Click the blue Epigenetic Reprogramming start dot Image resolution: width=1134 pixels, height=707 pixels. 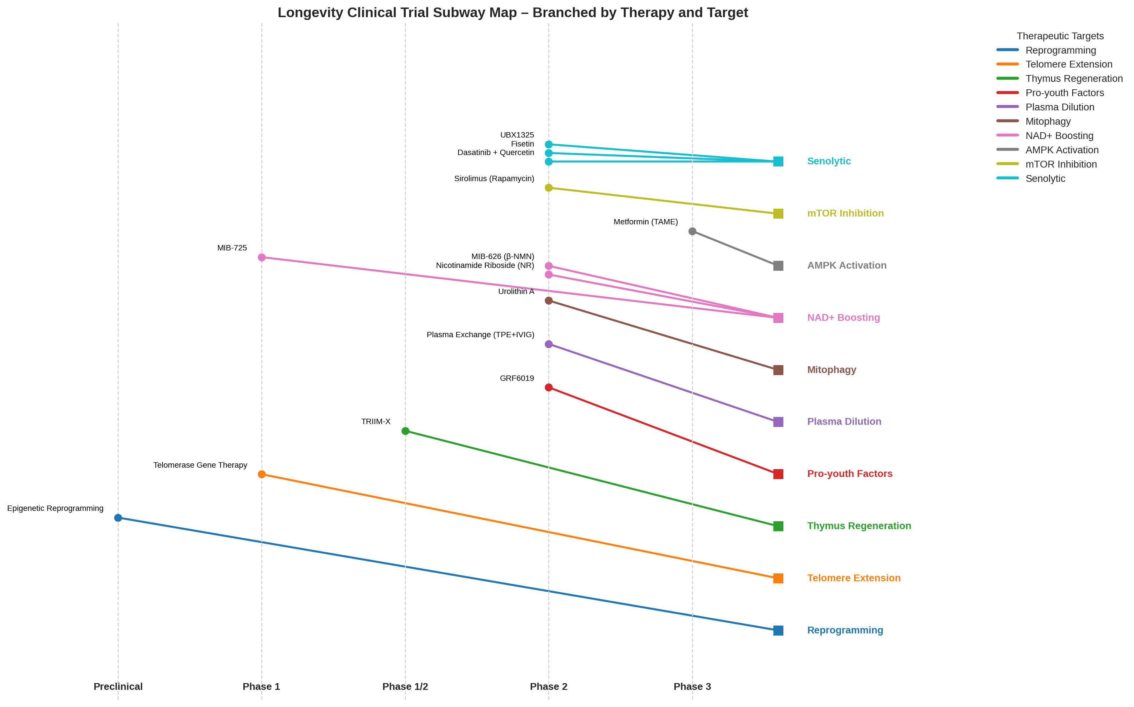(118, 518)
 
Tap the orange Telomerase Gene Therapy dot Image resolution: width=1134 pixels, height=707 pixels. (261, 474)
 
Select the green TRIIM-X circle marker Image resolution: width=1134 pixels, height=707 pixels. (405, 430)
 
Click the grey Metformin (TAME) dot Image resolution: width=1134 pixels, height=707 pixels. (692, 231)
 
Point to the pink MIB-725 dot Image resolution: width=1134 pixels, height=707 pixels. (261, 257)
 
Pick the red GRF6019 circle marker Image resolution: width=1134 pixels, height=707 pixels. (549, 387)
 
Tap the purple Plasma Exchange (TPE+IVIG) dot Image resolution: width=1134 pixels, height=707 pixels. (549, 344)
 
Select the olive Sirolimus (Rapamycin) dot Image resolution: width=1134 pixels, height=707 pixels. (549, 188)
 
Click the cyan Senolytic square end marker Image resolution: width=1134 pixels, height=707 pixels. (778, 161)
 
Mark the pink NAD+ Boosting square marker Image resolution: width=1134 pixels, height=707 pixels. (778, 318)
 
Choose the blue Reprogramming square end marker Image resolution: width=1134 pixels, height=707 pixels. (778, 630)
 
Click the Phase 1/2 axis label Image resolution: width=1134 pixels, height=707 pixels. (405, 686)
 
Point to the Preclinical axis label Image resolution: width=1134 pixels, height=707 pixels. (118, 686)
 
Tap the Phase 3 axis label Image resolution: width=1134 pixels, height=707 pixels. (692, 686)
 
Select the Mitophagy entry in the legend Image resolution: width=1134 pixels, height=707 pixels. (1048, 121)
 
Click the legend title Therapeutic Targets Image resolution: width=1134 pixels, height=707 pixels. (1060, 36)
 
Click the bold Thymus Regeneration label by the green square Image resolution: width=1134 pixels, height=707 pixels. (858, 526)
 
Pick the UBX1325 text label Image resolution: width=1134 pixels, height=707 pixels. (517, 135)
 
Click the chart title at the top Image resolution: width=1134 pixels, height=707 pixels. (512, 13)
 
